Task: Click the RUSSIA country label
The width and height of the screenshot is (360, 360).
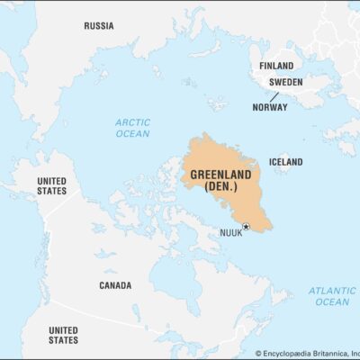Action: coord(98,26)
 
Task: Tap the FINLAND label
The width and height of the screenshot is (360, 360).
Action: coord(276,66)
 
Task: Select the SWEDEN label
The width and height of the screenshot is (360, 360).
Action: coord(285,81)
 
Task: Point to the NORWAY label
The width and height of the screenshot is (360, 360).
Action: coord(271,107)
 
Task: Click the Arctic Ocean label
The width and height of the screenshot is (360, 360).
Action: coord(132,128)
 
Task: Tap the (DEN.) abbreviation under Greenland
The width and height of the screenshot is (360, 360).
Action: coord(220,186)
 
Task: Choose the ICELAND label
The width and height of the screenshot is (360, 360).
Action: coord(285,162)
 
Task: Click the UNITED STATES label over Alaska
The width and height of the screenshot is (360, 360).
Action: coord(51,186)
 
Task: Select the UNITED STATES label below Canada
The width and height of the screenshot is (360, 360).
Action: coord(62,335)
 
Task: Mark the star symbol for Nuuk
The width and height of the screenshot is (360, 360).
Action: coord(245,227)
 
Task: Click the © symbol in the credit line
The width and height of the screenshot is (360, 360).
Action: coord(257,354)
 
